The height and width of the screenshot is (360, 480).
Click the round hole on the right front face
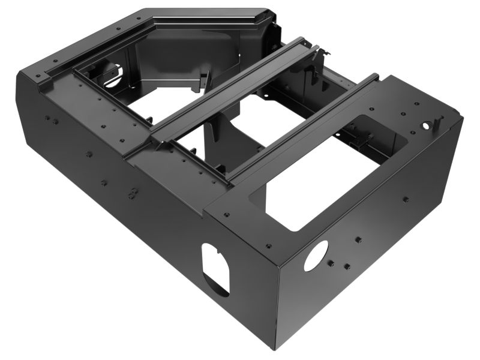pos(316,255)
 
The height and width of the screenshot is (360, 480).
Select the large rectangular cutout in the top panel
pos(318,180)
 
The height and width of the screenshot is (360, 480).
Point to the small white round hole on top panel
pos(427,126)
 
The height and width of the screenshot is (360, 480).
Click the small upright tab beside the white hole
pos(440,122)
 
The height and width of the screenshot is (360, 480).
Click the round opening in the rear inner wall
pos(112,74)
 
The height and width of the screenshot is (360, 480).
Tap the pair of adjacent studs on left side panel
pos(131,194)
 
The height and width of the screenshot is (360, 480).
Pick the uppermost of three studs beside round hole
pos(358,239)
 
